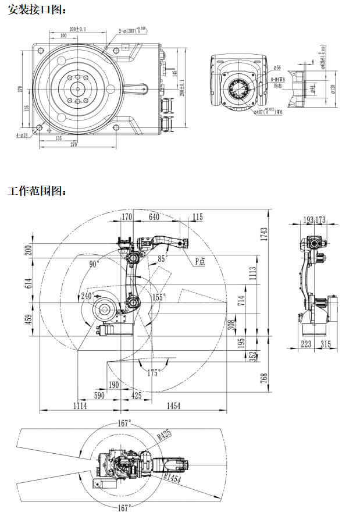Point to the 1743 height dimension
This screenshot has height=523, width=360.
265,234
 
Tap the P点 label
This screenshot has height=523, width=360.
199,262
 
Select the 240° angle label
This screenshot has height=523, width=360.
88,296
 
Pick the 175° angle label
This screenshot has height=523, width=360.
153,373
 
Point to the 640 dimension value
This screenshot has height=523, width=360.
154,217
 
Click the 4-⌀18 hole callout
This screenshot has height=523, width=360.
23,135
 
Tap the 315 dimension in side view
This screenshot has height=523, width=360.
325,344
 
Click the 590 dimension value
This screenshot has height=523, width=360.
99,396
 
